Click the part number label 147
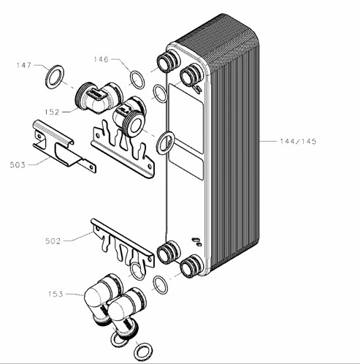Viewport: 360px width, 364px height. pyautogui.click(x=24, y=65)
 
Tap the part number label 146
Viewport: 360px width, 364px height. pyautogui.click(x=102, y=59)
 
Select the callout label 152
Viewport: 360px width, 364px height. pyautogui.click(x=52, y=112)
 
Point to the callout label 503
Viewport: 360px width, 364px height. pyautogui.click(x=18, y=165)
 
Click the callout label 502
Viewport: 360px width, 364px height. pyautogui.click(x=53, y=241)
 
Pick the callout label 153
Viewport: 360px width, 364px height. pyautogui.click(x=55, y=294)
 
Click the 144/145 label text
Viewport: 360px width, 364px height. pyautogui.click(x=298, y=141)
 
